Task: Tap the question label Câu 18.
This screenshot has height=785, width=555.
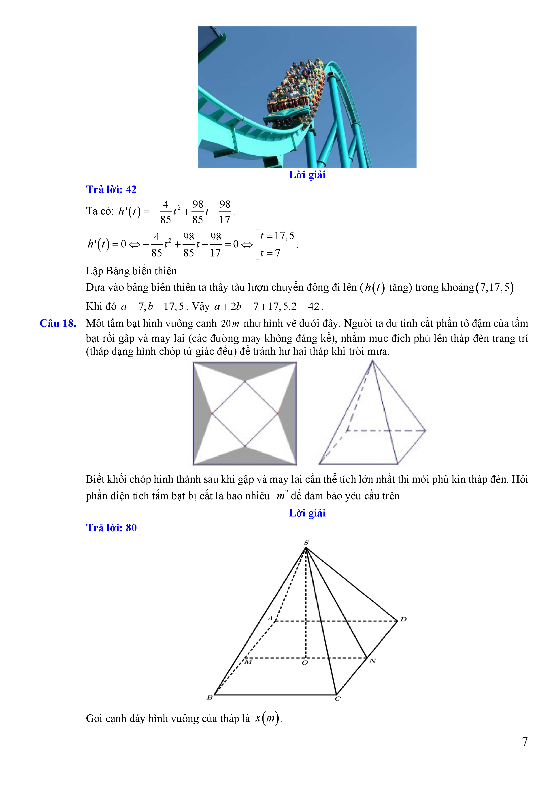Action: (x=58, y=323)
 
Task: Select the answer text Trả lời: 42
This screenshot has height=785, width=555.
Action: (x=111, y=189)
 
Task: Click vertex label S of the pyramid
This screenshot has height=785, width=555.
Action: (x=306, y=542)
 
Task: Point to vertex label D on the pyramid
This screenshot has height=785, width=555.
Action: (x=403, y=619)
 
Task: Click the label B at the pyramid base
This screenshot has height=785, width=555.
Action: (x=209, y=697)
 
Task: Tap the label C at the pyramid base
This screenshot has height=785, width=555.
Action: (x=338, y=698)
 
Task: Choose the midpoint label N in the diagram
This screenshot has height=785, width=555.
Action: (x=372, y=661)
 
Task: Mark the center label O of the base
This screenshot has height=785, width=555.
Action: (x=304, y=663)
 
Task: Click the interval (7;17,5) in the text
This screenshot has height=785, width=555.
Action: (x=495, y=287)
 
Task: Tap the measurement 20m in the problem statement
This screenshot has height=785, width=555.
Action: (x=230, y=323)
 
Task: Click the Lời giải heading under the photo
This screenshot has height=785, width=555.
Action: (x=307, y=175)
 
